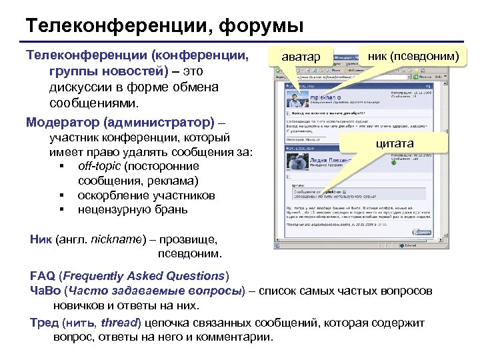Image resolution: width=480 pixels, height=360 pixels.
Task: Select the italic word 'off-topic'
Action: click(99, 166)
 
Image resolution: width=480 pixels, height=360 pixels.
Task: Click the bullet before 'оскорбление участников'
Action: click(61, 196)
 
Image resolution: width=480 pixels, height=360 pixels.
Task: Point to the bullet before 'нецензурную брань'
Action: click(61, 210)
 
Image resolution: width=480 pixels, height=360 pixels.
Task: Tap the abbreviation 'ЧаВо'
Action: click(44, 291)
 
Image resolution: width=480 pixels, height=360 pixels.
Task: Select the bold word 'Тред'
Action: click(44, 323)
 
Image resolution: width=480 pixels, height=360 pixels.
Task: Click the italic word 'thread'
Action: click(121, 323)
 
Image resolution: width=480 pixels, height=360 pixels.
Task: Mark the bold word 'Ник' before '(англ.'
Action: click(41, 241)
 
